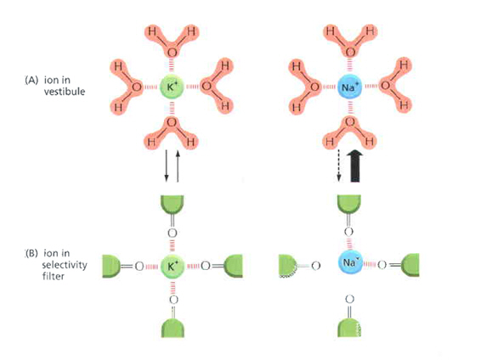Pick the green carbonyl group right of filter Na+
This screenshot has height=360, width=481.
pos(405,265)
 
